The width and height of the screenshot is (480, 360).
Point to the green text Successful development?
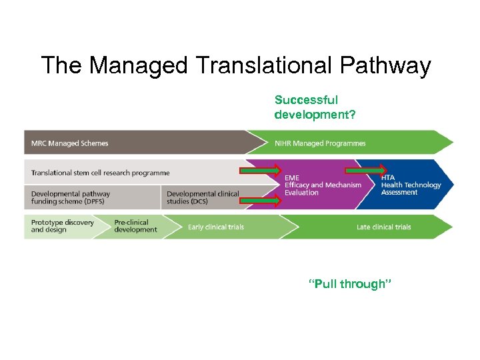(315, 107)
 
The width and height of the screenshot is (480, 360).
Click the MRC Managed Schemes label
(69, 143)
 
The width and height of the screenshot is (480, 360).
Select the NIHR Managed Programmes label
(320, 143)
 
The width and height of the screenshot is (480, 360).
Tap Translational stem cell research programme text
(100, 173)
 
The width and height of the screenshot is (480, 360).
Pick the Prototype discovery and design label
(63, 226)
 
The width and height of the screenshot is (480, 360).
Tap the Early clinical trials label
(216, 227)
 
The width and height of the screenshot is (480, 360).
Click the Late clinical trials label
(383, 227)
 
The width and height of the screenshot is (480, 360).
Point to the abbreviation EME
(292, 178)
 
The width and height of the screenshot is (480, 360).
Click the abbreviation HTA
(388, 177)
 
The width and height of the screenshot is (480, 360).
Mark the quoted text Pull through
(350, 285)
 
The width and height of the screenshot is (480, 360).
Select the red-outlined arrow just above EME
(261, 171)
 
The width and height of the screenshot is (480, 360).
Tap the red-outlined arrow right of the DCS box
(261, 199)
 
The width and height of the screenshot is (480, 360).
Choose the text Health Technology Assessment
(411, 189)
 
